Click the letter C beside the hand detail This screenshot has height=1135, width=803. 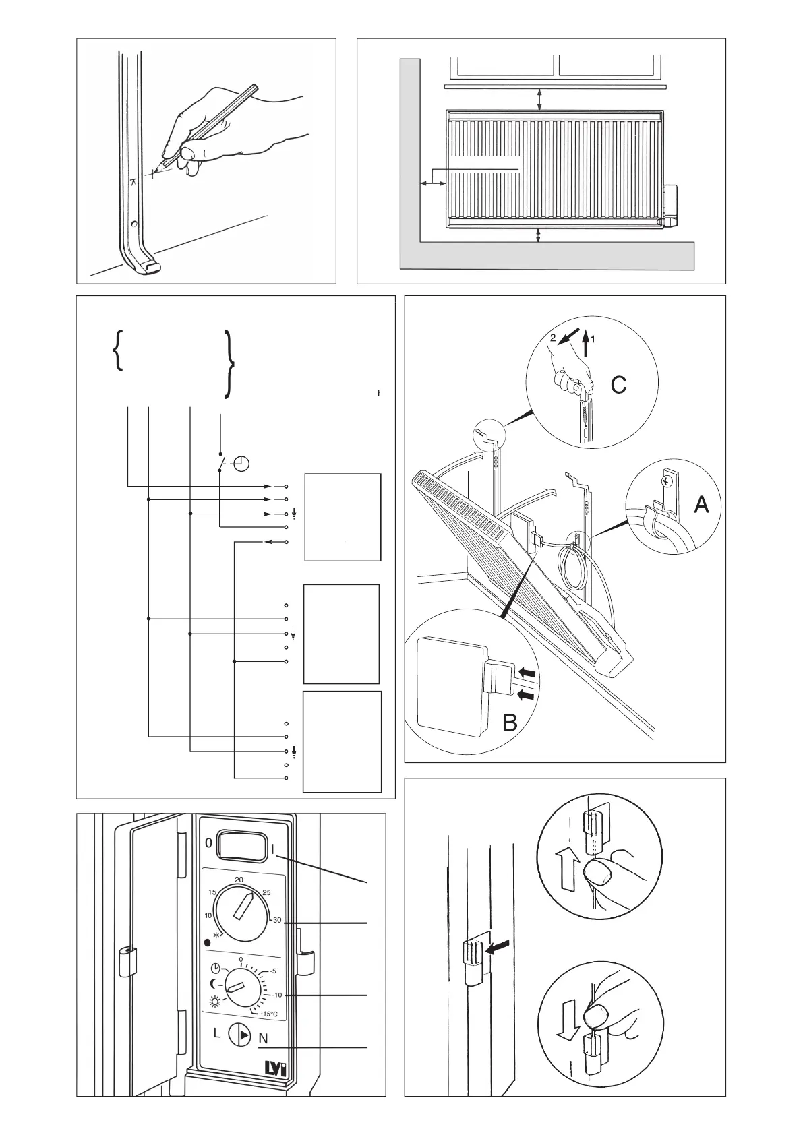[618, 385]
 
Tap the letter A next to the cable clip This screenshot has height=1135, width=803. [701, 504]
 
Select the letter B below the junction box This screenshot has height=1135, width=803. [510, 723]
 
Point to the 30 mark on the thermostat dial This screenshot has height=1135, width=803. [276, 921]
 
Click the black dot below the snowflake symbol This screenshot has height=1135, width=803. [208, 943]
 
